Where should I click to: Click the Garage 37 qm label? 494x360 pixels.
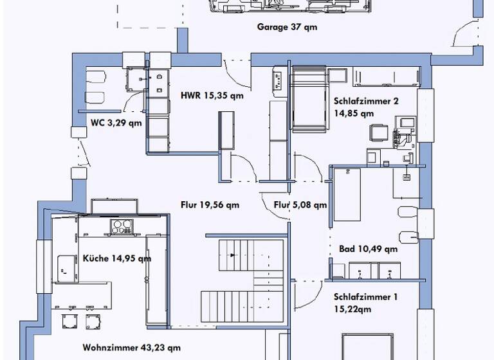point(287,28)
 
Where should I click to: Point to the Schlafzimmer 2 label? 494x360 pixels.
point(366,101)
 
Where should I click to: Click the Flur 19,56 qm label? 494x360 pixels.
point(210,205)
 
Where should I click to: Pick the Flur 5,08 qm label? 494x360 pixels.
point(300,206)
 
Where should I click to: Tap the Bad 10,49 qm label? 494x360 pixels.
point(368,249)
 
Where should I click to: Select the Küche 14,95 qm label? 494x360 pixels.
point(117,258)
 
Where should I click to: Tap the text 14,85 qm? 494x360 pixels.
point(354,113)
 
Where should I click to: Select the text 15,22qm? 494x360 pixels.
point(353,309)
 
